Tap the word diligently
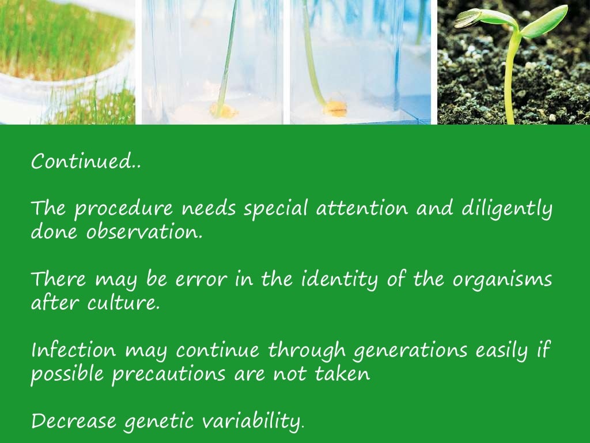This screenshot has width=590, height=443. pos(507,209)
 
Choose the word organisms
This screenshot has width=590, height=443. pos(502,281)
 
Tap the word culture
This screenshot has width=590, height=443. pos(123,303)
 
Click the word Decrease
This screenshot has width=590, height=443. pos(73,421)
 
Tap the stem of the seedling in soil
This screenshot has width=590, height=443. pos(510,81)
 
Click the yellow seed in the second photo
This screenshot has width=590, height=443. pos(222,109)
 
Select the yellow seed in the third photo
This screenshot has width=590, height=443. pos(334,108)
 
